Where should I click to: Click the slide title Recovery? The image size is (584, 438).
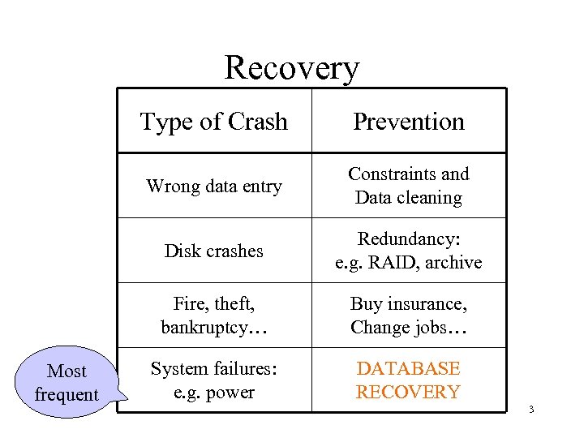point(291,67)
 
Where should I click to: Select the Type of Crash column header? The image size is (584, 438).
point(214,122)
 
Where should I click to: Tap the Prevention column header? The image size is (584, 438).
point(409,122)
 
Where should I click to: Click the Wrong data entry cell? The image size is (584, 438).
point(214,186)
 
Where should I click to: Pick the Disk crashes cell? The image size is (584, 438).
point(214,251)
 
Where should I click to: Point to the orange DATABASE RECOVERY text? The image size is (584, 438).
point(408,380)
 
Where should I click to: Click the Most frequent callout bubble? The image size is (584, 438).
point(67,383)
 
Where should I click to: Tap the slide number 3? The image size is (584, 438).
point(530,409)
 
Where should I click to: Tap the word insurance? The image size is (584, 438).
point(431,304)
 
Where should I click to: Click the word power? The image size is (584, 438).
point(231,393)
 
